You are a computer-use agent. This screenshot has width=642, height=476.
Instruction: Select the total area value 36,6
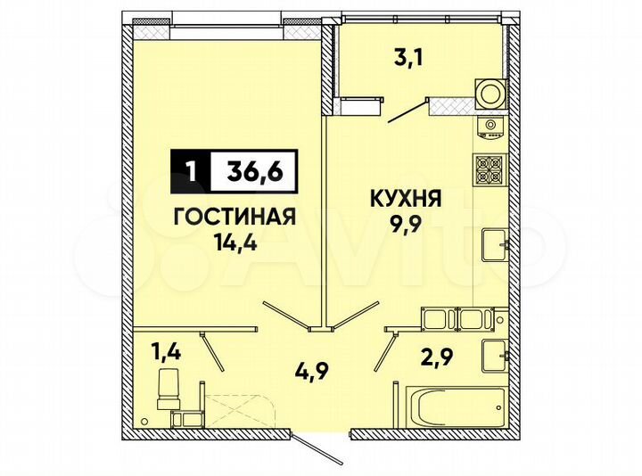click(251, 169)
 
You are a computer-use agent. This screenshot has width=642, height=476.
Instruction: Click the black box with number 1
click(189, 169)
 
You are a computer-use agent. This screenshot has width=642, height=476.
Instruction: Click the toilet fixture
click(169, 392)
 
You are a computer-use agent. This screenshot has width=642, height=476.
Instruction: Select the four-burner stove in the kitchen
click(490, 167)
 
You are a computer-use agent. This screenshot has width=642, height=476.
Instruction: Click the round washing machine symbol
click(489, 93)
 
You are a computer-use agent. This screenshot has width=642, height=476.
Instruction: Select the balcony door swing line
click(405, 111)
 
